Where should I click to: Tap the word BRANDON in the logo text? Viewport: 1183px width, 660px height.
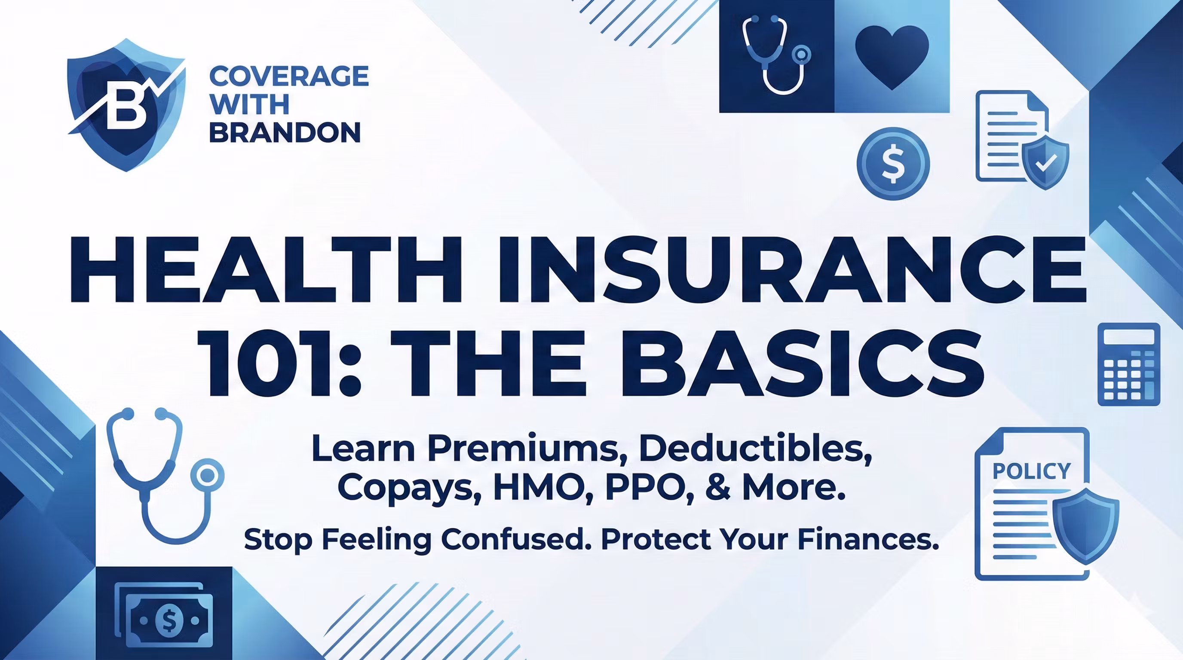285,133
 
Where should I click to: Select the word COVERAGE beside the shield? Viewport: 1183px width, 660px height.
289,76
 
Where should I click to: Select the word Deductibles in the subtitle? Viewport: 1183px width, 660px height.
755,449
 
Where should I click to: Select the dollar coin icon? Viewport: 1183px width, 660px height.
893,164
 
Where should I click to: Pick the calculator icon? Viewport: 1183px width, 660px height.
1128,364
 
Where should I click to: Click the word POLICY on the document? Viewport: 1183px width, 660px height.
1031,471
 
